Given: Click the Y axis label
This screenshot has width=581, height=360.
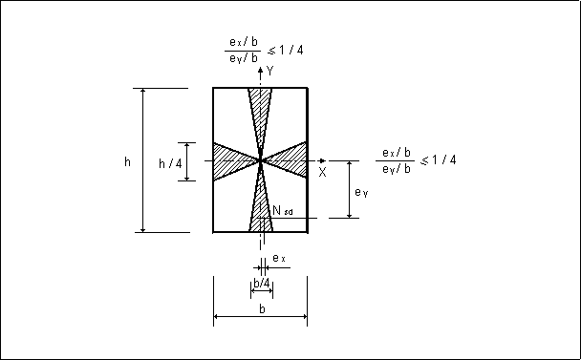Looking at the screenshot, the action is (x=270, y=71).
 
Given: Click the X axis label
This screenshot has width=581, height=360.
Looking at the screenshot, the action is (x=322, y=172).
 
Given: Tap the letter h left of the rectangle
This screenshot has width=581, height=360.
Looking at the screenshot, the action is (x=127, y=161).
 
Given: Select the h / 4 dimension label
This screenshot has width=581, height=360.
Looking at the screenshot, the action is (x=170, y=163).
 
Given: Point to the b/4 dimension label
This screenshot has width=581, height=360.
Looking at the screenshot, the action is (x=262, y=284).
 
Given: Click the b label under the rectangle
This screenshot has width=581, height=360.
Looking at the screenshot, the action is (x=262, y=308).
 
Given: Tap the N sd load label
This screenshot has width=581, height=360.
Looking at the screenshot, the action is (x=283, y=211).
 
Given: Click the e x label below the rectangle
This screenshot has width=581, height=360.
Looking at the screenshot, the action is (x=279, y=258).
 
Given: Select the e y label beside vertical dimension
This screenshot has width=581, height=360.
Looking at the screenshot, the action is (x=361, y=192).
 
